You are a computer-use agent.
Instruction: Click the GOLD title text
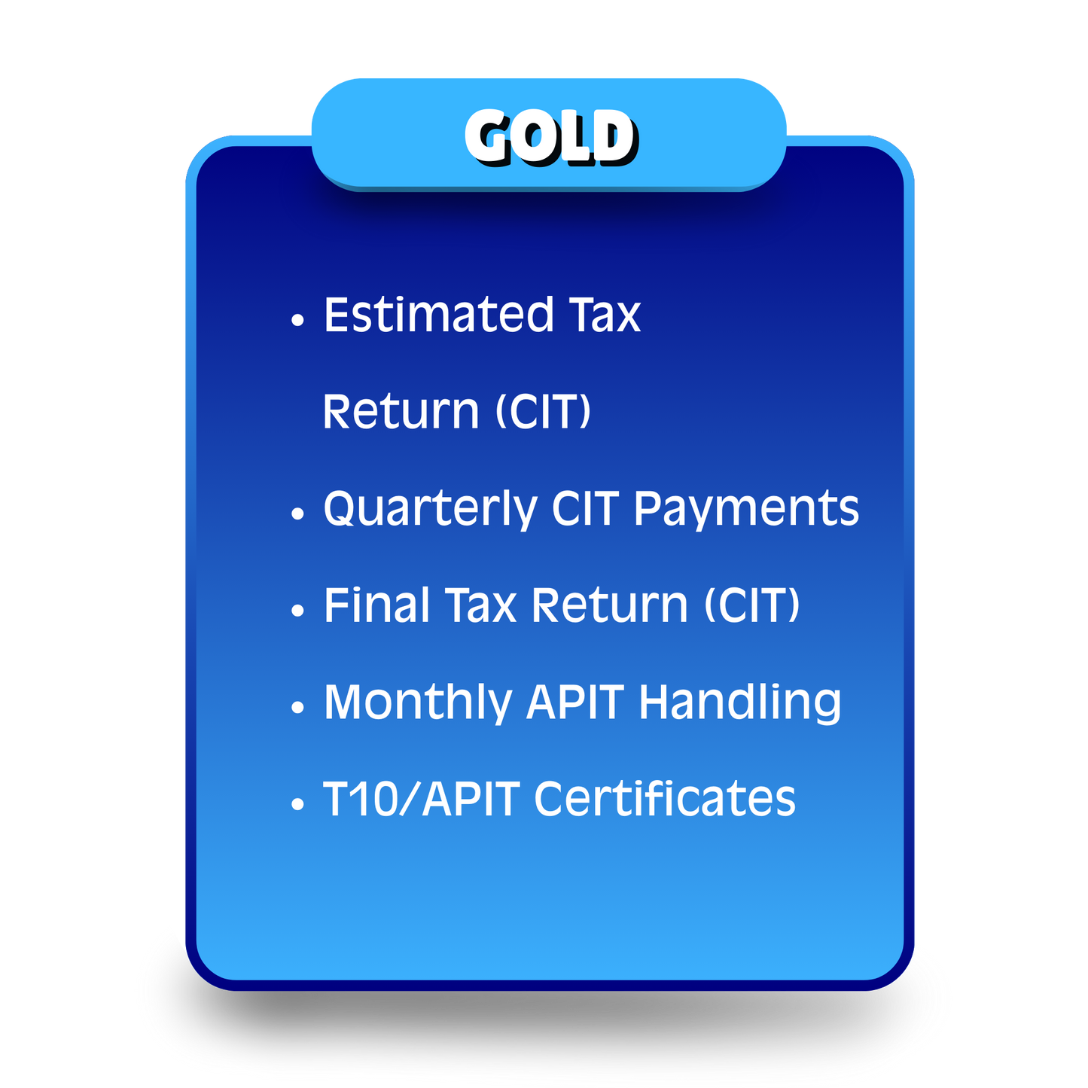click(x=550, y=136)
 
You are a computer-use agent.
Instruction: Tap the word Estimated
click(x=438, y=315)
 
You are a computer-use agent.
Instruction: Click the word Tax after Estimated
click(x=605, y=315)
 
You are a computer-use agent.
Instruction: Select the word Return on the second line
click(x=401, y=412)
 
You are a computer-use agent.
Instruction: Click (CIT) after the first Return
click(x=543, y=412)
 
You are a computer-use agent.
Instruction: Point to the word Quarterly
click(x=429, y=509)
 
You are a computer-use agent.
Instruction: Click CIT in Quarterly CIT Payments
click(x=585, y=509)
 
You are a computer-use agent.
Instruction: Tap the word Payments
click(x=745, y=509)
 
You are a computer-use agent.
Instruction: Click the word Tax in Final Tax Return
click(x=480, y=605)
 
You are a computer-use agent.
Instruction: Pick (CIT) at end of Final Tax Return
click(x=751, y=605)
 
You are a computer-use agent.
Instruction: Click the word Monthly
click(x=417, y=702)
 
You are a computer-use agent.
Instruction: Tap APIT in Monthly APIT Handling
click(x=575, y=702)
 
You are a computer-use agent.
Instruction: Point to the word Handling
click(x=739, y=702)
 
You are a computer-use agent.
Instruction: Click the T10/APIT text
click(x=421, y=799)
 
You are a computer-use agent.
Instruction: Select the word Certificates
click(x=664, y=799)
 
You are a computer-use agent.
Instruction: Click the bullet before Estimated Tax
click(x=297, y=320)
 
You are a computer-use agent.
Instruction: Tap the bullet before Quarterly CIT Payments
click(x=297, y=514)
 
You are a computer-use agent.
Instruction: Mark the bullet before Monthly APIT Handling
click(x=297, y=708)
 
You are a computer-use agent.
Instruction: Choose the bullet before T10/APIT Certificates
click(x=297, y=804)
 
